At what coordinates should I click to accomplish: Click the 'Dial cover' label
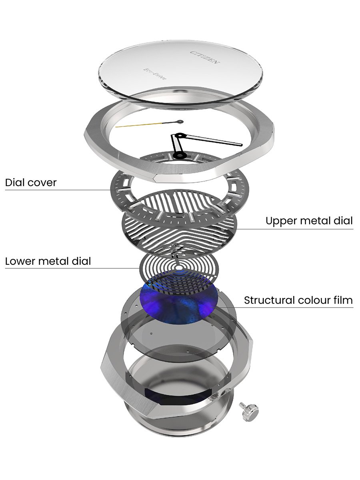coord(31,183)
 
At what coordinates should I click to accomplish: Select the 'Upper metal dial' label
coord(309,220)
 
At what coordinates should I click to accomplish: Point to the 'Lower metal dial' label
coord(48,261)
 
